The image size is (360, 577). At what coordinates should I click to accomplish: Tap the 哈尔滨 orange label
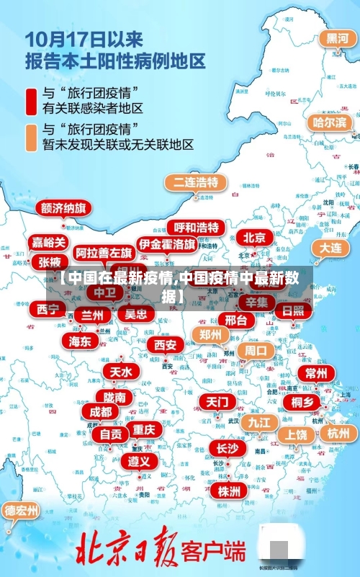[329, 122]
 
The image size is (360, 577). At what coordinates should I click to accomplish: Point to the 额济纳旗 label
[65, 208]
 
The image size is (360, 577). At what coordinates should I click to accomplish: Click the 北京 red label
[254, 237]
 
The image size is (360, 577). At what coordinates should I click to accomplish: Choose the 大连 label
[331, 247]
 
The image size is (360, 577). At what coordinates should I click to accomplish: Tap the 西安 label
[165, 344]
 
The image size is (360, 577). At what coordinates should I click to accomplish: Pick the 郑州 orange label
[211, 334]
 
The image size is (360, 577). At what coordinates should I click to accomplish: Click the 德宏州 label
[22, 511]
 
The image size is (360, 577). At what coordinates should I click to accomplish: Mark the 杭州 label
[338, 433]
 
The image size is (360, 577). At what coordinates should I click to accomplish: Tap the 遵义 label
[139, 460]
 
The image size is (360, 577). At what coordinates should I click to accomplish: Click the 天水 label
[120, 372]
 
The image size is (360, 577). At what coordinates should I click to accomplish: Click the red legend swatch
[32, 101]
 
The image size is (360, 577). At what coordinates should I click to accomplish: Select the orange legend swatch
[32, 137]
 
